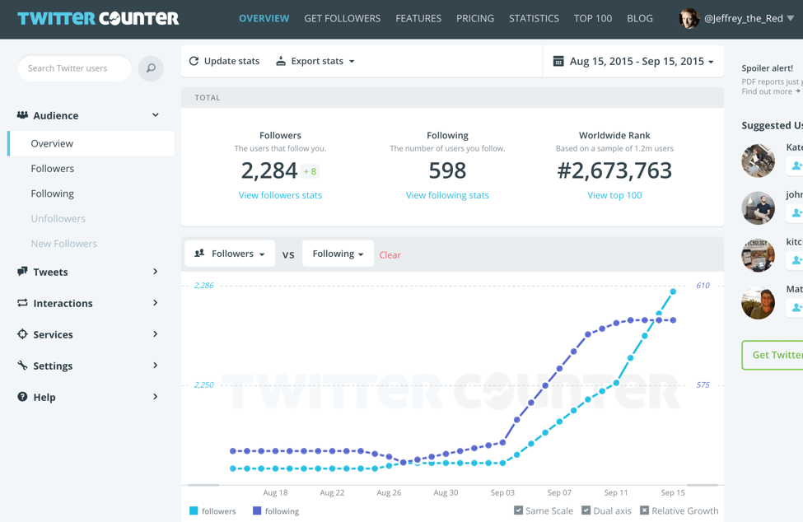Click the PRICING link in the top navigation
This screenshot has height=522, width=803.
coord(475,18)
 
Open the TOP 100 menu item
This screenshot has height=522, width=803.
coord(593,18)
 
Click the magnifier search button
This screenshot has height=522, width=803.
coord(151,68)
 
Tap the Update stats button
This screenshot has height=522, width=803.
coord(224,61)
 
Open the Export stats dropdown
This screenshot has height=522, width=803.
coord(315,61)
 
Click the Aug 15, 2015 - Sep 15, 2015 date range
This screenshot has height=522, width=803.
coord(633,61)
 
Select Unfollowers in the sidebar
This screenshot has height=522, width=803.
coord(58,218)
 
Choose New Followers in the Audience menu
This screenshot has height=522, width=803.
coord(63,244)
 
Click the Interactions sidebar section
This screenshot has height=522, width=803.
coord(63,303)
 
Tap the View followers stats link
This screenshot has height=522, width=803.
coord(280,195)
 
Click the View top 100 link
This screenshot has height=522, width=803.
coord(614,195)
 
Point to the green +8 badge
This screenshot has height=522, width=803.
coord(310,171)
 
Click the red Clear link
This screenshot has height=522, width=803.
coord(390,255)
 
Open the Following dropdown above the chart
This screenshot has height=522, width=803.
coord(338,254)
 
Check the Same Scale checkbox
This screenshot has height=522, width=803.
coord(519,510)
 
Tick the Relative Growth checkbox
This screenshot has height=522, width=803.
coord(645,510)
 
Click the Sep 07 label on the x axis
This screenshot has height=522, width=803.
coord(559,492)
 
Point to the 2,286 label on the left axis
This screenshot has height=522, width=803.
coord(203,286)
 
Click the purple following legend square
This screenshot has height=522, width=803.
coord(257,511)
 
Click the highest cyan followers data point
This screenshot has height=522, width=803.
coord(674,291)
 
